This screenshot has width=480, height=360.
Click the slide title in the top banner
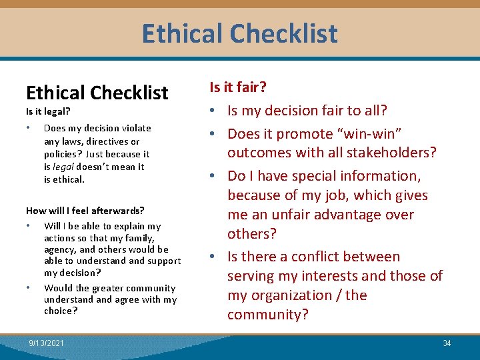point(239,33)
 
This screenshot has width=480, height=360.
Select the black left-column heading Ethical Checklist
point(97,93)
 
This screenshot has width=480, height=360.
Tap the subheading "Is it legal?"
point(48,112)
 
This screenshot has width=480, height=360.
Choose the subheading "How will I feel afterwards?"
point(85,211)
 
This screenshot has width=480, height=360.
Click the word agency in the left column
point(60,249)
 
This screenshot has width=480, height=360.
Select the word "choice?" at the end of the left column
point(61,311)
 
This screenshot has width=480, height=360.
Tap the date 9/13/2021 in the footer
point(47,343)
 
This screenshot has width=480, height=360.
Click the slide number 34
point(447,343)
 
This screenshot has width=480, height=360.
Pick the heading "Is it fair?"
point(239,87)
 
